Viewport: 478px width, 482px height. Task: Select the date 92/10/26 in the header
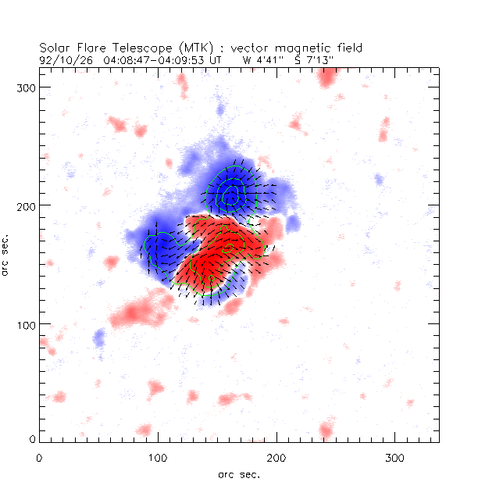62,59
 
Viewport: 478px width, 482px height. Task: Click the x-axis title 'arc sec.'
238,473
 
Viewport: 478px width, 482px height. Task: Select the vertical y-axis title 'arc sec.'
8,254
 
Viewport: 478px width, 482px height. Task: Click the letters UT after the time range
216,59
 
